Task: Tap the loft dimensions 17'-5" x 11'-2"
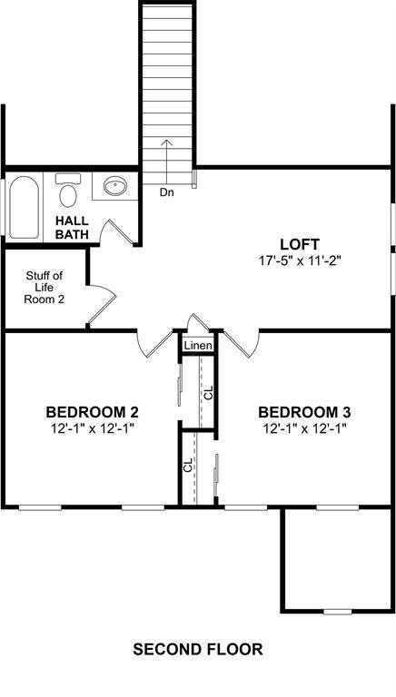300,260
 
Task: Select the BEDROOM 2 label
92,412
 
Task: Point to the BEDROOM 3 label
304,412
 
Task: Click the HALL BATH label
72,227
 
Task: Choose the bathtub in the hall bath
24,208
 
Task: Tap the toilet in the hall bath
67,191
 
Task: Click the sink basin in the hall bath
115,185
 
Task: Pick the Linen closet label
198,346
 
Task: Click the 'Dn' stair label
167,193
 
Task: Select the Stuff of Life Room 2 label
44,287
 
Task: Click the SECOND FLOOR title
198,650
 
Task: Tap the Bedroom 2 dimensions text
92,428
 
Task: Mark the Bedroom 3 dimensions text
304,428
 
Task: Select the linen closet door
198,322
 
